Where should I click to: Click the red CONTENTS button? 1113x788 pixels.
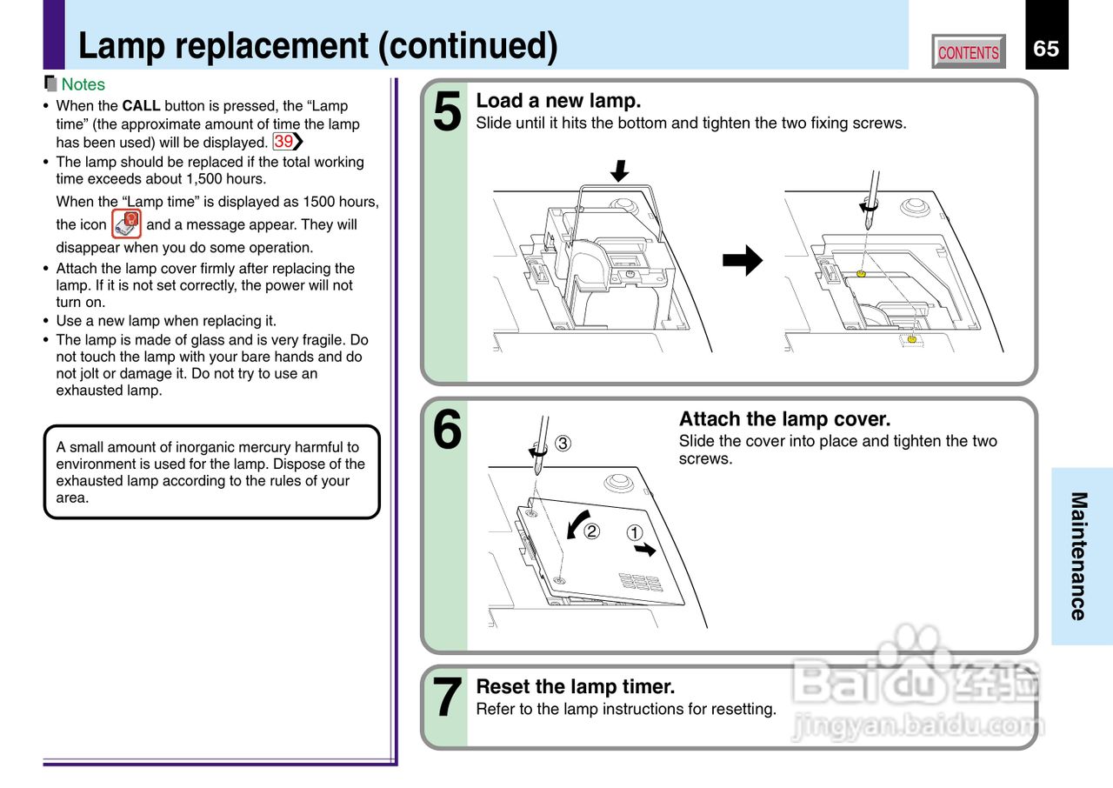click(x=968, y=52)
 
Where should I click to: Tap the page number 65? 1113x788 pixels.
click(x=1046, y=49)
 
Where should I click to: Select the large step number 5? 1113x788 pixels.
click(x=447, y=113)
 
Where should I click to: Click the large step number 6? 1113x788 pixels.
click(x=447, y=431)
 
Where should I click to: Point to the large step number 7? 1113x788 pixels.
click(x=447, y=698)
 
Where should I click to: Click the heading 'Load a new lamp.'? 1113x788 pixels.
click(x=558, y=101)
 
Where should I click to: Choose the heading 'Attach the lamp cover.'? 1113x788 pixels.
click(x=784, y=419)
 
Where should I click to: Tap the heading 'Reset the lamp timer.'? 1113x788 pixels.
click(x=575, y=687)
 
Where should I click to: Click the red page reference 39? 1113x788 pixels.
click(x=283, y=142)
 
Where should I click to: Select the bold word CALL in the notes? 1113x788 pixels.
click(x=141, y=106)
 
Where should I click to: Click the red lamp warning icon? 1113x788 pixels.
click(x=127, y=224)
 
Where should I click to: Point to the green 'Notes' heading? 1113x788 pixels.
click(x=83, y=84)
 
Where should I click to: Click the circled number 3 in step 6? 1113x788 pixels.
click(x=563, y=444)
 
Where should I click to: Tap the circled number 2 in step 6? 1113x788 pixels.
click(x=591, y=531)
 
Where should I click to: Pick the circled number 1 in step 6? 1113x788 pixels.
click(x=635, y=532)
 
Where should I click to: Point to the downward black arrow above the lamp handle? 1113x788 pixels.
click(x=619, y=170)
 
